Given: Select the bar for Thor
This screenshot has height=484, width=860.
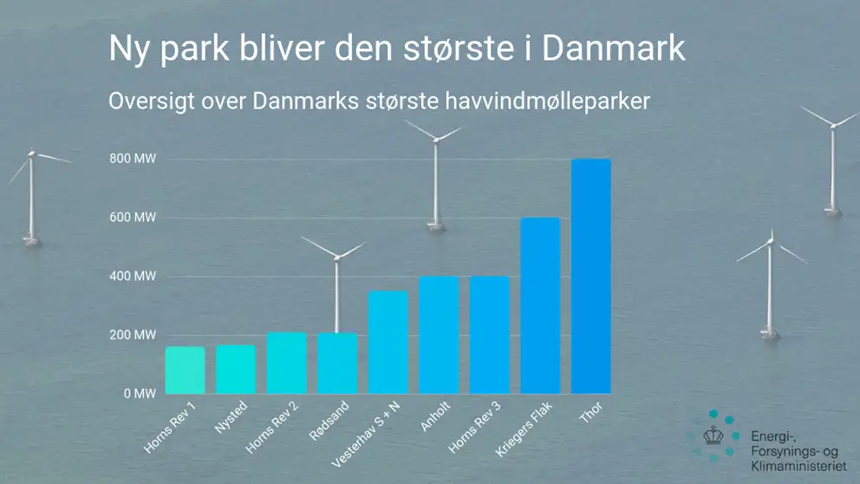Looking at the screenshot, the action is click(x=590, y=277).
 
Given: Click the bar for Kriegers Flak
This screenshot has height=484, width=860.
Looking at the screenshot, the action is click(x=540, y=305).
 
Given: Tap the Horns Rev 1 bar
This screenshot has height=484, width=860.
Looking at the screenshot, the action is click(x=185, y=370).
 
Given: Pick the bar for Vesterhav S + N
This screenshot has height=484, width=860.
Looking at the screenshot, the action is click(x=388, y=343).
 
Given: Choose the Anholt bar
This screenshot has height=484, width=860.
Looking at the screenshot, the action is click(x=439, y=335).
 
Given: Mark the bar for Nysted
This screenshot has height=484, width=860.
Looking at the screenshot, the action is click(x=236, y=370).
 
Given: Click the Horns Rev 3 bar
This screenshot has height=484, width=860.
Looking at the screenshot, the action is click(x=490, y=335).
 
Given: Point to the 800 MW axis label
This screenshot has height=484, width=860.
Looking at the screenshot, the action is click(x=133, y=159).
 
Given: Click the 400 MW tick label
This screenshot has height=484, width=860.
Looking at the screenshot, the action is click(x=133, y=276).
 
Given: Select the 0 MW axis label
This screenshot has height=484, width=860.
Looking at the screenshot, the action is click(x=140, y=394).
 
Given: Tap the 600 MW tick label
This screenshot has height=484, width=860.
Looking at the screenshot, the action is click(x=133, y=218).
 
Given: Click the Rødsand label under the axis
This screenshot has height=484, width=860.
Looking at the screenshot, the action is click(x=329, y=421).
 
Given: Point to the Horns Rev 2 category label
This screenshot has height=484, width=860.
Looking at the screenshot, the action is click(x=271, y=427).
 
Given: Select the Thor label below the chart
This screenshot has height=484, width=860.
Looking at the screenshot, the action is click(x=591, y=412).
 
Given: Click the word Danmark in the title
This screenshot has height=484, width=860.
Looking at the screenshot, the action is click(x=614, y=49).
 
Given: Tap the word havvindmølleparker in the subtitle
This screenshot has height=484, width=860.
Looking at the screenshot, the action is click(x=547, y=101).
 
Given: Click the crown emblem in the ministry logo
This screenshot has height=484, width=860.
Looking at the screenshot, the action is click(x=713, y=435).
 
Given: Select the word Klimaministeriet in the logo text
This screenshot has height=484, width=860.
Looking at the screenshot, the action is click(x=798, y=467).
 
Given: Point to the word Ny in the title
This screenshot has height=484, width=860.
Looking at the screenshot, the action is click(x=128, y=49).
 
